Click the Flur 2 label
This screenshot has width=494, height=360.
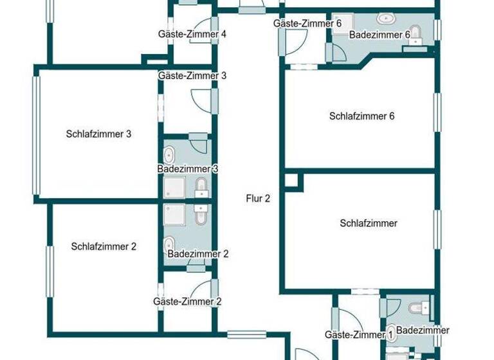pyautogui.click(x=258, y=199)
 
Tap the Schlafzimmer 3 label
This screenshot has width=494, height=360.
pyautogui.click(x=98, y=134)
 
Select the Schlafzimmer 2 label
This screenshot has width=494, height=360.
pyautogui.click(x=104, y=246)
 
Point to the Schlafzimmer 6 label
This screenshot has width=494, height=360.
pyautogui.click(x=361, y=116)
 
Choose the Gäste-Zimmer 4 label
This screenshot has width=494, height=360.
pyautogui.click(x=192, y=34)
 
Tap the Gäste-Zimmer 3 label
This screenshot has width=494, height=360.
pyautogui.click(x=192, y=75)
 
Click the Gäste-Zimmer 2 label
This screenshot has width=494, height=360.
pyautogui.click(x=187, y=301)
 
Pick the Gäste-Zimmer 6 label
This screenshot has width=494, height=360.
pyautogui.click(x=307, y=23)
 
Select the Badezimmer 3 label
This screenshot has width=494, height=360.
pyautogui.click(x=188, y=168)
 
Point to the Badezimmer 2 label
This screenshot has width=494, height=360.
pyautogui.click(x=198, y=254)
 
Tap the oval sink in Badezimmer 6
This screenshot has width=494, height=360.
pyautogui.click(x=386, y=19)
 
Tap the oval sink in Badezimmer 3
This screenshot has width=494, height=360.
pyautogui.click(x=170, y=155)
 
